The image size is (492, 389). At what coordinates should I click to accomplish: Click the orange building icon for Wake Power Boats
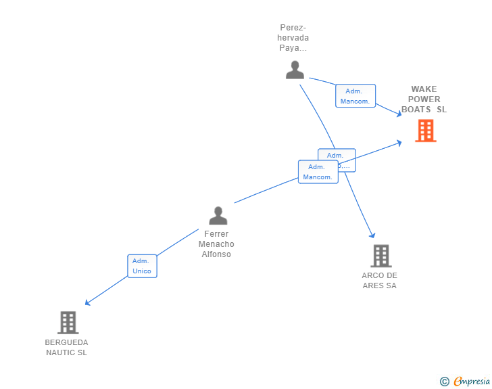pyautogui.click(x=425, y=131)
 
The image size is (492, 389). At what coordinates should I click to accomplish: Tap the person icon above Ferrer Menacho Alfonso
pyautogui.click(x=218, y=216)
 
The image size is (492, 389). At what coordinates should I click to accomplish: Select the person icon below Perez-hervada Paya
pyautogui.click(x=295, y=70)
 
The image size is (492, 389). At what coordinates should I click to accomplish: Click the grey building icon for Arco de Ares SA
pyautogui.click(x=380, y=256)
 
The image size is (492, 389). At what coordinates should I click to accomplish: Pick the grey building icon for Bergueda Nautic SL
pyautogui.click(x=68, y=323)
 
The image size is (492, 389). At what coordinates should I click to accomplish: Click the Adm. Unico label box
pyautogui.click(x=142, y=266)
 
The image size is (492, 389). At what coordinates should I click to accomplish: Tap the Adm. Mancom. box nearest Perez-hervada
pyautogui.click(x=355, y=96)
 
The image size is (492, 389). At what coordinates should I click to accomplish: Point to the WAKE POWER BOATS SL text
pyautogui.click(x=424, y=99)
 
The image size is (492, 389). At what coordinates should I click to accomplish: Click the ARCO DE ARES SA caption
pyautogui.click(x=379, y=280)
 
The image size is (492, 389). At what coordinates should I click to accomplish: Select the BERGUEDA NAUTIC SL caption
pyautogui.click(x=66, y=347)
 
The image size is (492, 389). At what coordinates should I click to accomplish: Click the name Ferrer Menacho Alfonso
pyautogui.click(x=216, y=244)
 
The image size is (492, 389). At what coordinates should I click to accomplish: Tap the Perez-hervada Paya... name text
pyautogui.click(x=294, y=38)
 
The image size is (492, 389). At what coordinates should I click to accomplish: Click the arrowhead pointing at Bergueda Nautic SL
pyautogui.click(x=87, y=303)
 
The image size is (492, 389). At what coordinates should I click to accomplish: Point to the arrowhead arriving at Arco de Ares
pyautogui.click(x=372, y=235)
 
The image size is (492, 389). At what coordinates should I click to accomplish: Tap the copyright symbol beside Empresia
pyautogui.click(x=444, y=382)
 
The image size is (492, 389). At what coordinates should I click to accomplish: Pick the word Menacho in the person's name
pyautogui.click(x=216, y=244)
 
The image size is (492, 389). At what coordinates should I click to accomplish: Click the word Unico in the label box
pyautogui.click(x=142, y=271)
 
